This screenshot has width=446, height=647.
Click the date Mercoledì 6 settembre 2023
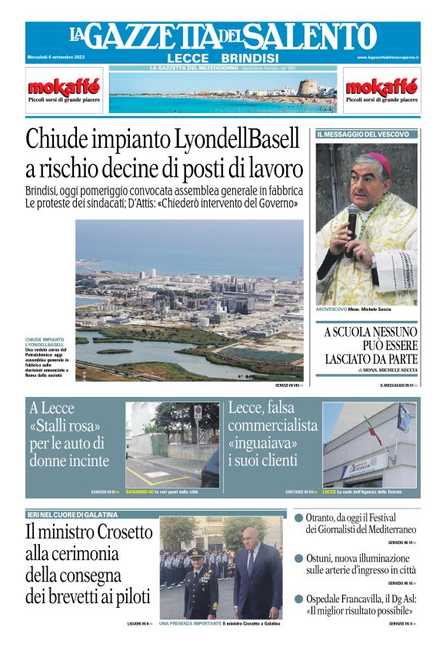click(x=57, y=58)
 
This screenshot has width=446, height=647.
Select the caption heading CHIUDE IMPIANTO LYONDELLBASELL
click(x=45, y=342)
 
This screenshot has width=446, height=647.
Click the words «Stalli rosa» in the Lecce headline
click(x=65, y=425)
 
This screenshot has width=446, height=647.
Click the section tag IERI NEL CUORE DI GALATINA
click(x=72, y=514)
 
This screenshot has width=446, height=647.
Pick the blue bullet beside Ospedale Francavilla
click(x=298, y=599)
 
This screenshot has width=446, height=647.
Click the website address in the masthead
click(x=388, y=58)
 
